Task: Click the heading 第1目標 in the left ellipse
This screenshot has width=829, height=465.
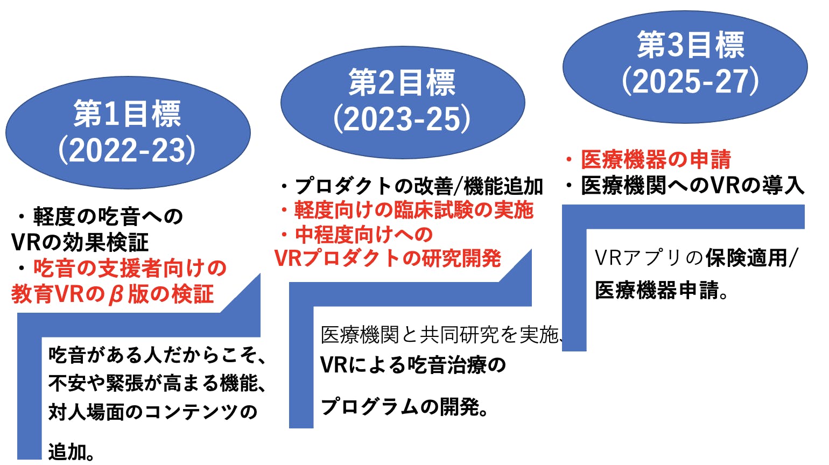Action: [128, 114]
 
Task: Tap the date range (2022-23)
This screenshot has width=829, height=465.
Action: [128, 150]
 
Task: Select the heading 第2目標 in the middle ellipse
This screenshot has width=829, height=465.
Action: [402, 83]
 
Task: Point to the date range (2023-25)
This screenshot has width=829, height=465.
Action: [402, 119]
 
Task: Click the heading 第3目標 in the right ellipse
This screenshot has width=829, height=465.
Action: [691, 45]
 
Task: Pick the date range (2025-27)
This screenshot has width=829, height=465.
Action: [691, 81]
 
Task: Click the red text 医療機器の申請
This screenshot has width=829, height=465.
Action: [656, 159]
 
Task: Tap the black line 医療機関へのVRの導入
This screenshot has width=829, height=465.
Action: [692, 186]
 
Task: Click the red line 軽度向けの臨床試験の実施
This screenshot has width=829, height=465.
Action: [413, 210]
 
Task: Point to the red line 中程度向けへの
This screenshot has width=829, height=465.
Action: [364, 235]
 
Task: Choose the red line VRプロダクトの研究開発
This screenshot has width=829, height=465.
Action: [388, 259]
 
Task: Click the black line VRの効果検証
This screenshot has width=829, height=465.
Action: [80, 243]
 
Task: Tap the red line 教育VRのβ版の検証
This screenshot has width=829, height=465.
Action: [113, 294]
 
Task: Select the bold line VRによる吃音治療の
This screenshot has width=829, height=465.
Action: [413, 365]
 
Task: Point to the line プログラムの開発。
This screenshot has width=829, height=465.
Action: [405, 407]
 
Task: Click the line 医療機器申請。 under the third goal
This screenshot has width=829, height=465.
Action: [662, 291]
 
